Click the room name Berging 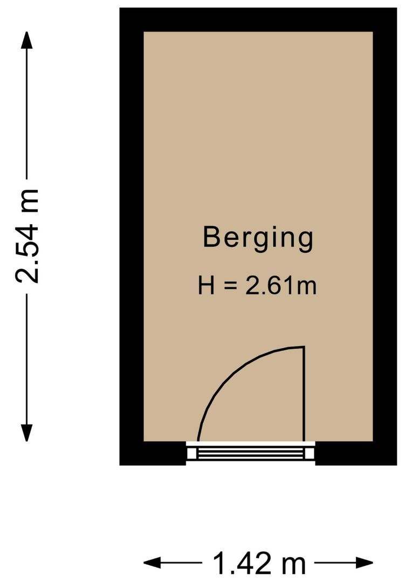pos(258,238)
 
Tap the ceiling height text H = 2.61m pos(257,286)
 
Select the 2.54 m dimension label pos(27,236)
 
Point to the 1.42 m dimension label pos(259,564)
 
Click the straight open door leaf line pos(304,393)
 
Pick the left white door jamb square pos(192,453)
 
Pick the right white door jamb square pos(310,453)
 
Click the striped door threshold pos(251,453)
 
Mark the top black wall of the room pos(258,19)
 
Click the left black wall pos(131,237)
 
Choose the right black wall pos(384,237)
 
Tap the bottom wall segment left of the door pos(153,454)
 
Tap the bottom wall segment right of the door pos(356,454)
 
